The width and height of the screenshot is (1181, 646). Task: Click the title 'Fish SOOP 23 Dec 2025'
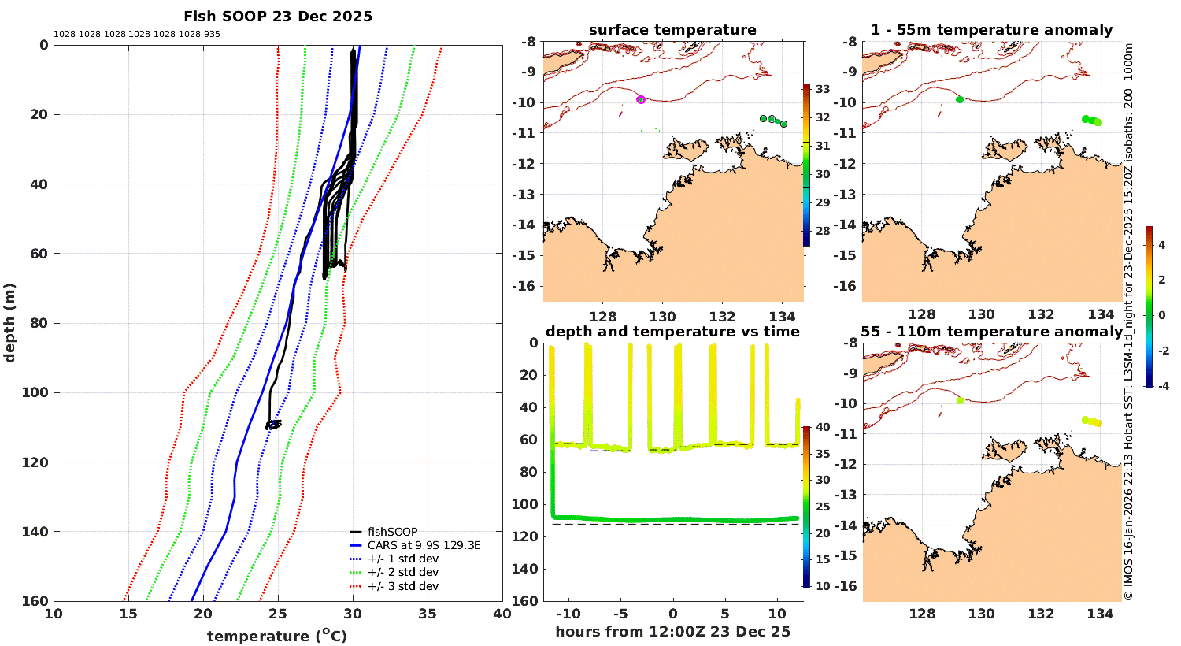(278, 17)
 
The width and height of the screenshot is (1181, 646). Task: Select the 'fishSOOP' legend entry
(392, 532)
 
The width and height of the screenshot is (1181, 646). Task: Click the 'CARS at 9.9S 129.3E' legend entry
(424, 545)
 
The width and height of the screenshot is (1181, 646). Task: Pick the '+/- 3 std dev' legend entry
(402, 586)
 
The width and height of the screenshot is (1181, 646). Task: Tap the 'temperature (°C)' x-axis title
(277, 636)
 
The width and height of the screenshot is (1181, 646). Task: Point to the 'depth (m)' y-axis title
(10, 322)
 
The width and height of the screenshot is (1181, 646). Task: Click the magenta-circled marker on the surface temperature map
(641, 99)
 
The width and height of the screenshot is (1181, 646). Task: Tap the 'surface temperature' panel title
(672, 30)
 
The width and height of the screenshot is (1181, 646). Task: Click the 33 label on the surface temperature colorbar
(823, 89)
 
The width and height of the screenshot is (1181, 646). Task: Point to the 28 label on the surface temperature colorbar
(823, 231)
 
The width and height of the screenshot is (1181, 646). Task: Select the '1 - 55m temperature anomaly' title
(991, 30)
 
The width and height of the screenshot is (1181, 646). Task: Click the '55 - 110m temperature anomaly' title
(991, 332)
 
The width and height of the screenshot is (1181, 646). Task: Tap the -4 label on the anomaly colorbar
(1161, 385)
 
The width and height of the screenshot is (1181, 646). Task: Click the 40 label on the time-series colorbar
(823, 427)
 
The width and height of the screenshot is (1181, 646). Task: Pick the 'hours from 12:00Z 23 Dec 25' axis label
(672, 632)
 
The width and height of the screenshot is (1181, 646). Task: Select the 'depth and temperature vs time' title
(672, 332)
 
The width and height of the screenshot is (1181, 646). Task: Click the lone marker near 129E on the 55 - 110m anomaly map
(960, 400)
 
